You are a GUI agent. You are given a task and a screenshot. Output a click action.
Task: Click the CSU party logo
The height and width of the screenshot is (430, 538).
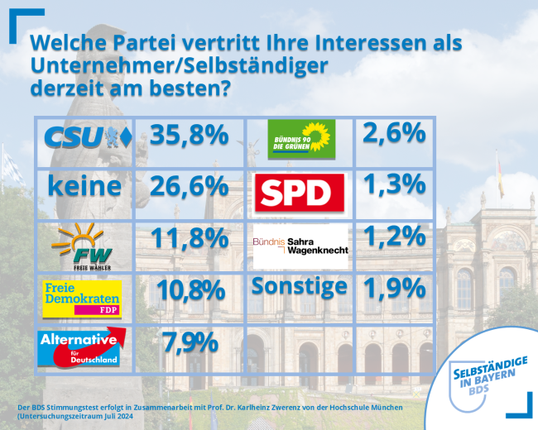click(x=88, y=137)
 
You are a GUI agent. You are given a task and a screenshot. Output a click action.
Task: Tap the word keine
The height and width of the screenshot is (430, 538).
click(x=84, y=186)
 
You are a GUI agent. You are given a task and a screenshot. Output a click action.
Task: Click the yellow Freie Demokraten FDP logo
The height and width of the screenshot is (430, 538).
click(x=83, y=298)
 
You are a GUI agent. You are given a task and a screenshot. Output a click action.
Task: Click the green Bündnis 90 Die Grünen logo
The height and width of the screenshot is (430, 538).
click(x=300, y=137)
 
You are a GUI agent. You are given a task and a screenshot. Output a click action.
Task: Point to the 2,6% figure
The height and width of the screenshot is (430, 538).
click(x=393, y=133)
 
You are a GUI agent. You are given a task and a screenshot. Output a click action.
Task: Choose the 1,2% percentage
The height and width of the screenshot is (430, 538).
click(x=393, y=237)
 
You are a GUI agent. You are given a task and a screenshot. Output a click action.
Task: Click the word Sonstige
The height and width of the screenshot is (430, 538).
click(x=299, y=287)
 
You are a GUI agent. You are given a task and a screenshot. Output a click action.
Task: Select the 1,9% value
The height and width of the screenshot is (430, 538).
click(x=393, y=289)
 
